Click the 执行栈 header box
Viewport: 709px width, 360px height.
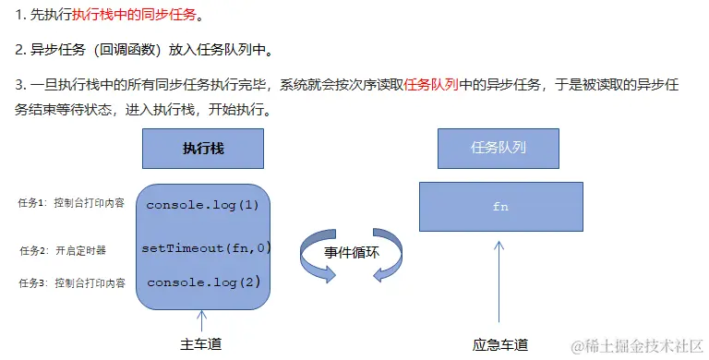[203, 148]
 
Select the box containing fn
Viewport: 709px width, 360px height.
[500, 207]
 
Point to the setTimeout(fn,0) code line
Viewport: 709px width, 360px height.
[206, 247]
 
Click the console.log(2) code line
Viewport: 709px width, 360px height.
[204, 282]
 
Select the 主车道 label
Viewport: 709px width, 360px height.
[201, 344]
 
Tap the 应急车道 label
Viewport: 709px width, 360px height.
[499, 344]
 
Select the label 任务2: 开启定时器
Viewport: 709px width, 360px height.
[63, 250]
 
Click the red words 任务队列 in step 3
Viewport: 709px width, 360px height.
[431, 85]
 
